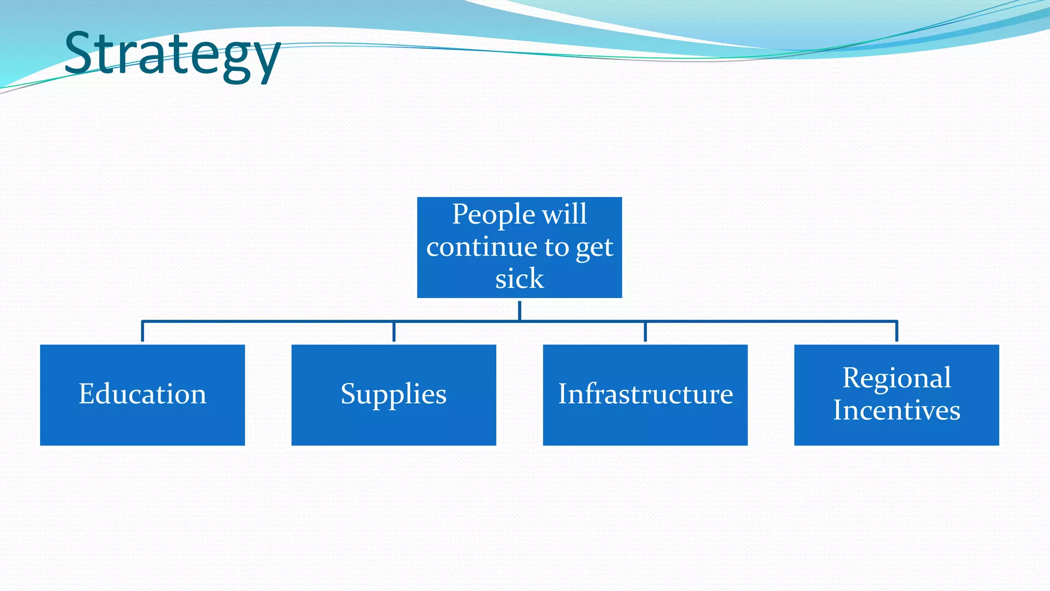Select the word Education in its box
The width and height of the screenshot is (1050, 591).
pos(143,394)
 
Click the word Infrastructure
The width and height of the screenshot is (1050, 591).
pos(645,394)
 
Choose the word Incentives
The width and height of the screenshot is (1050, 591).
pos(897,410)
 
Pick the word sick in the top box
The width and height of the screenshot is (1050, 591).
pos(519,279)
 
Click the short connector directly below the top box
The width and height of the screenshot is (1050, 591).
pos(519,310)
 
